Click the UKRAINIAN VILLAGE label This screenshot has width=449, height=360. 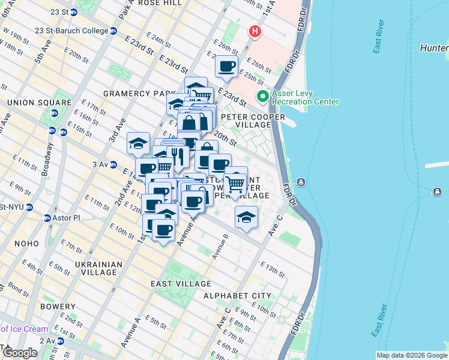point(98,268)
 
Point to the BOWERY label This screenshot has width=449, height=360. point(58,307)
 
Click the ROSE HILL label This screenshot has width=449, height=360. point(160,3)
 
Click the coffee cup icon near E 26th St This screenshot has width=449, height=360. point(226,67)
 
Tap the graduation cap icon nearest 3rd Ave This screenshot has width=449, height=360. point(138,144)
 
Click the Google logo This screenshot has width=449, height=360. point(19,353)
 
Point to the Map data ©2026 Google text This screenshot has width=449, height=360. point(411,355)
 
